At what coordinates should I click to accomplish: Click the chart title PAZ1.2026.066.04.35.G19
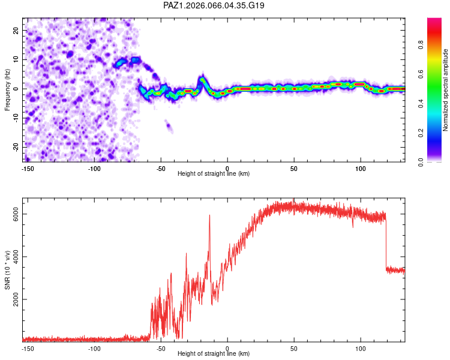(x=214, y=5)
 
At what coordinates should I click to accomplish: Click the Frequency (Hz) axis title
(x=7, y=89)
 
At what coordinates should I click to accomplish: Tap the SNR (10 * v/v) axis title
(x=7, y=269)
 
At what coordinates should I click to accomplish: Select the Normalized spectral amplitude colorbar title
(x=445, y=90)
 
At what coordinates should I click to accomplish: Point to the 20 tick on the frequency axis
(x=16, y=30)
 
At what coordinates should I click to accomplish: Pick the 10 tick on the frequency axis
(x=16, y=59)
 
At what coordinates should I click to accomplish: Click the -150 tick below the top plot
(x=27, y=169)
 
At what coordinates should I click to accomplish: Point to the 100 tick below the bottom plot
(x=361, y=349)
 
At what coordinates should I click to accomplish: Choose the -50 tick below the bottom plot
(x=161, y=349)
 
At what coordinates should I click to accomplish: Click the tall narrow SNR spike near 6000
(x=209, y=217)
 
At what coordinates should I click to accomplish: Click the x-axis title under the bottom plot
(x=214, y=354)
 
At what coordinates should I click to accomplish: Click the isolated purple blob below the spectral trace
(x=169, y=127)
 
